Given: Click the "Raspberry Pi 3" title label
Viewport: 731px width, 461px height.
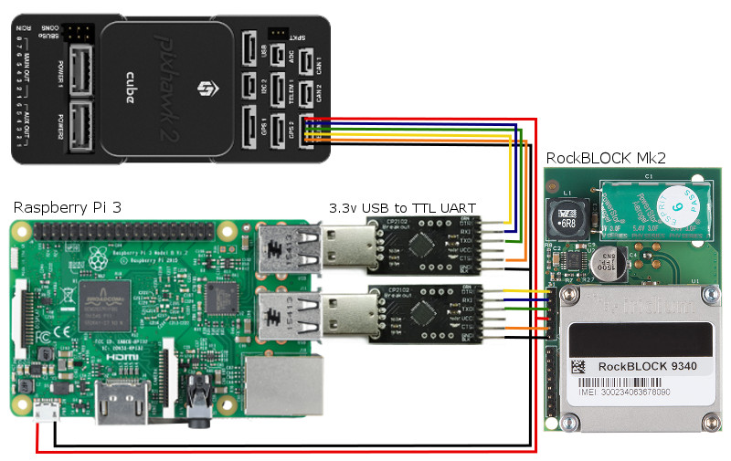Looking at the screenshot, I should tap(68, 208).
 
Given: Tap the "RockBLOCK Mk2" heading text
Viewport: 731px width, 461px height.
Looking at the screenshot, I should tap(605, 158).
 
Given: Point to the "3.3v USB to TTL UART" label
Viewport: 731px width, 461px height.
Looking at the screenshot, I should tap(402, 208).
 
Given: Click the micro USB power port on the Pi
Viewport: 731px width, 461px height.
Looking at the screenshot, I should tap(46, 415).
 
